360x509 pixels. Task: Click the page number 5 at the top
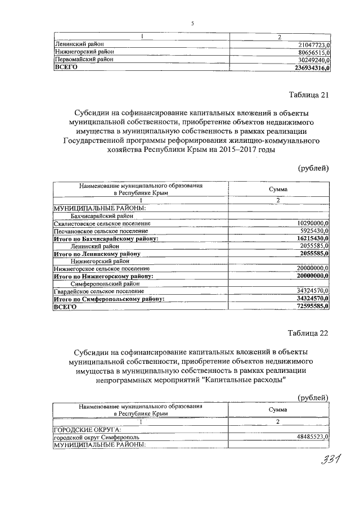(x=192, y=23)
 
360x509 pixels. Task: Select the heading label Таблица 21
(x=309, y=95)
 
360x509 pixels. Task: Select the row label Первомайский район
(x=84, y=59)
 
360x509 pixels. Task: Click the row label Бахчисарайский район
(x=102, y=215)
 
